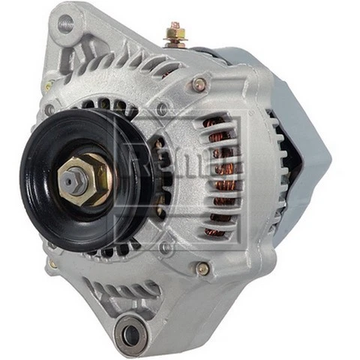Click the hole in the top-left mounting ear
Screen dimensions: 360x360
click(x=66, y=24)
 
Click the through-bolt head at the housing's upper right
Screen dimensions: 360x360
click(x=199, y=85)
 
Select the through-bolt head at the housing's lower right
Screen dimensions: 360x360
click(x=202, y=268)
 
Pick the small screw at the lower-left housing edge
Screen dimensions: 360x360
click(x=52, y=263)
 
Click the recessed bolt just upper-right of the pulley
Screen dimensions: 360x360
click(x=161, y=109)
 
